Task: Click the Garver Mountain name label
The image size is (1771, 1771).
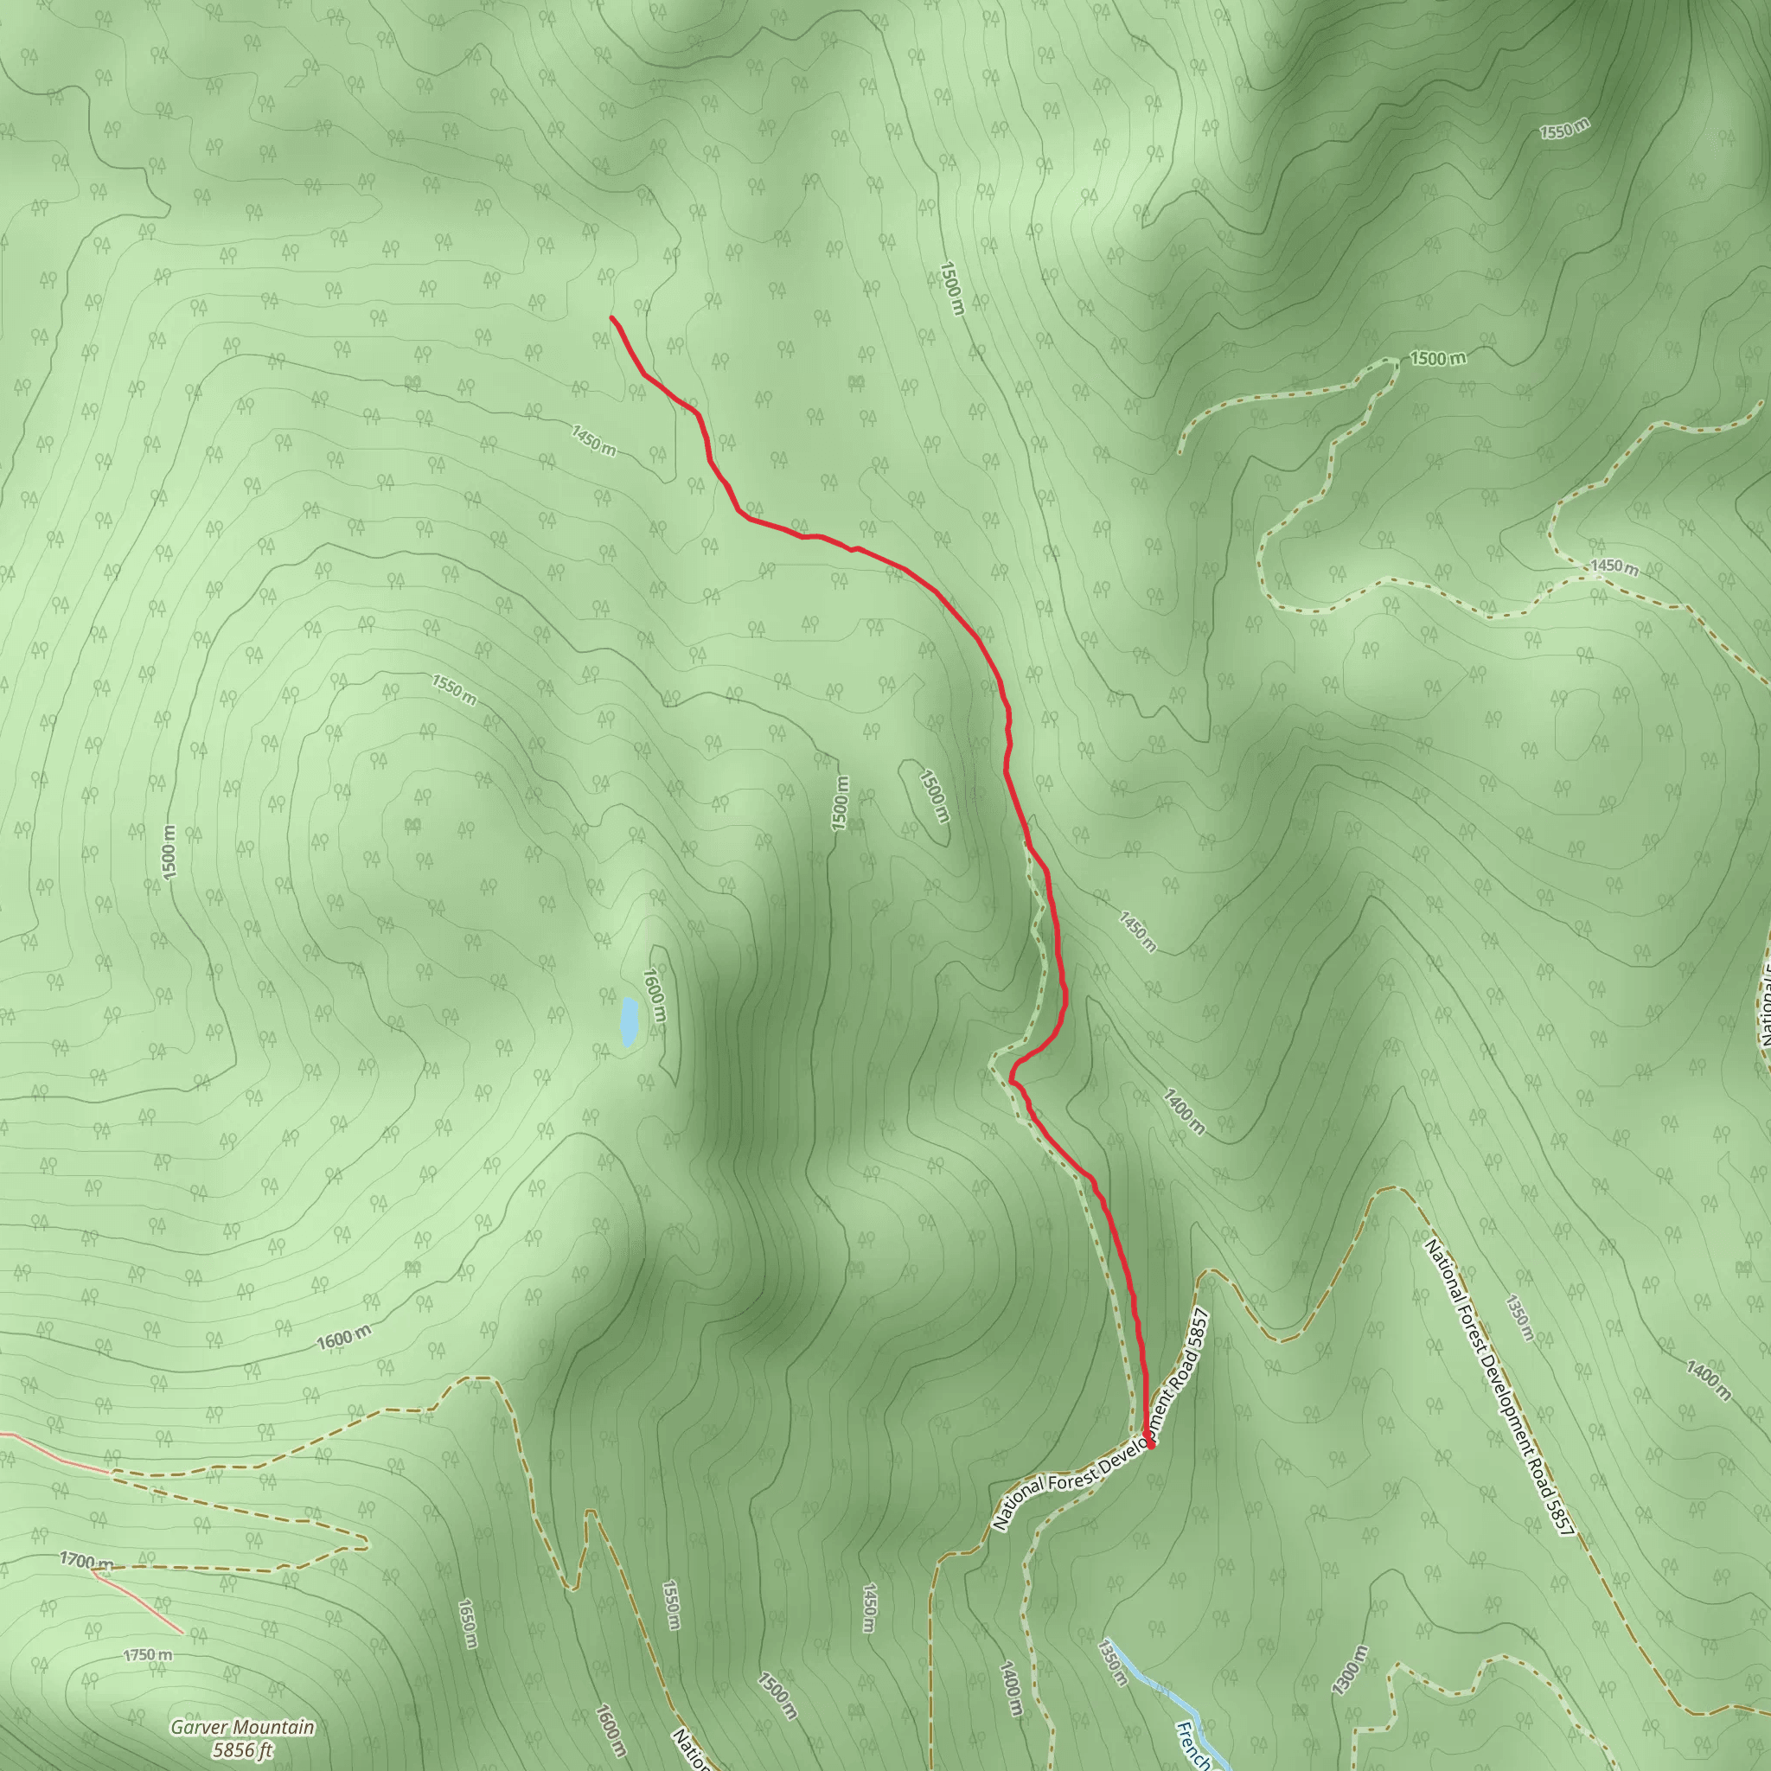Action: click(242, 1727)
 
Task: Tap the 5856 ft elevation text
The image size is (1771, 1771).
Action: click(242, 1750)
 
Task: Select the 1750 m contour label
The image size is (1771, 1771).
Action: click(148, 1654)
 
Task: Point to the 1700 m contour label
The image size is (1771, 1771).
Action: click(87, 1560)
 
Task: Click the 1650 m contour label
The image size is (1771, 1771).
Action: click(468, 1623)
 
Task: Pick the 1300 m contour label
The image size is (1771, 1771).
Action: click(1349, 1670)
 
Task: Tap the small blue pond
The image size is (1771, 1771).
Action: click(629, 1021)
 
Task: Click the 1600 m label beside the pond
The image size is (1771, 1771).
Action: click(655, 996)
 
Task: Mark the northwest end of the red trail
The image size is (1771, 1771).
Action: click(611, 317)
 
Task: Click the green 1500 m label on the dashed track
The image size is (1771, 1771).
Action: click(1437, 358)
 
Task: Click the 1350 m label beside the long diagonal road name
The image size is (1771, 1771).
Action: click(1518, 1317)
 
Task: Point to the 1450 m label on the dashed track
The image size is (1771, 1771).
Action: click(1614, 566)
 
